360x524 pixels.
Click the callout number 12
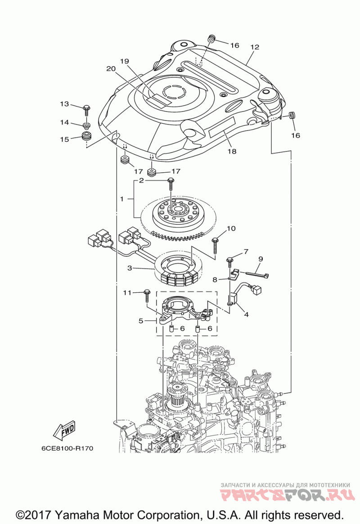pos(255,47)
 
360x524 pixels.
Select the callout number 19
pos(124,62)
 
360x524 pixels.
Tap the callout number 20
pos(111,69)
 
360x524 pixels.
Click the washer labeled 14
pos(86,126)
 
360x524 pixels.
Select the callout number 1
pos(122,199)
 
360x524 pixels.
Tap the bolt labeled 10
pos(215,245)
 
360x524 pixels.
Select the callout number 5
pos(141,321)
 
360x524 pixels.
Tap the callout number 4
pos(246,314)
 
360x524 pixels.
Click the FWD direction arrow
pos(64,431)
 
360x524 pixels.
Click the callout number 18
pos(232,152)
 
